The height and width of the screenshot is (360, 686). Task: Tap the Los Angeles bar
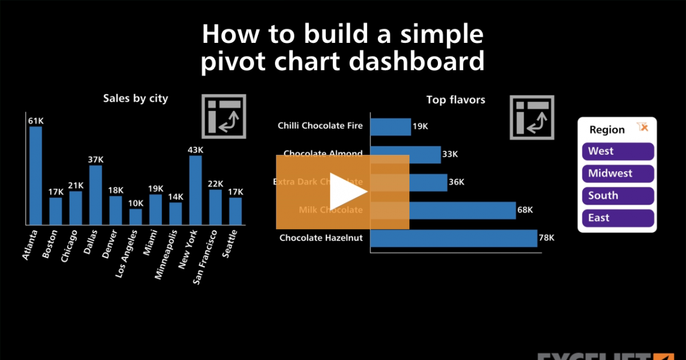(135, 217)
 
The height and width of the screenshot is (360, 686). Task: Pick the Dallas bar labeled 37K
(95, 195)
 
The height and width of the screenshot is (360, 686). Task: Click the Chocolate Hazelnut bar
(454, 238)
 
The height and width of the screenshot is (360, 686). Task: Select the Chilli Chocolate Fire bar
(391, 126)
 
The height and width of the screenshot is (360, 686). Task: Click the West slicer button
(617, 151)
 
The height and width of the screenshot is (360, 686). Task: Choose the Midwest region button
(617, 174)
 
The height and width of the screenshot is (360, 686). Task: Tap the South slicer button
(617, 195)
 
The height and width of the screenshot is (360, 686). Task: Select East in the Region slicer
(617, 218)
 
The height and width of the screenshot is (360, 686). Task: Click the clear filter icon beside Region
(643, 127)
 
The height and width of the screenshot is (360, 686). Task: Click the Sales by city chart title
(135, 98)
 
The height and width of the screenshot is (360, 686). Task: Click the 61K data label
(35, 121)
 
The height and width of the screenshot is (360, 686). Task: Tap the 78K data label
(547, 238)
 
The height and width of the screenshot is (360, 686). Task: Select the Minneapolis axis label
(166, 255)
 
